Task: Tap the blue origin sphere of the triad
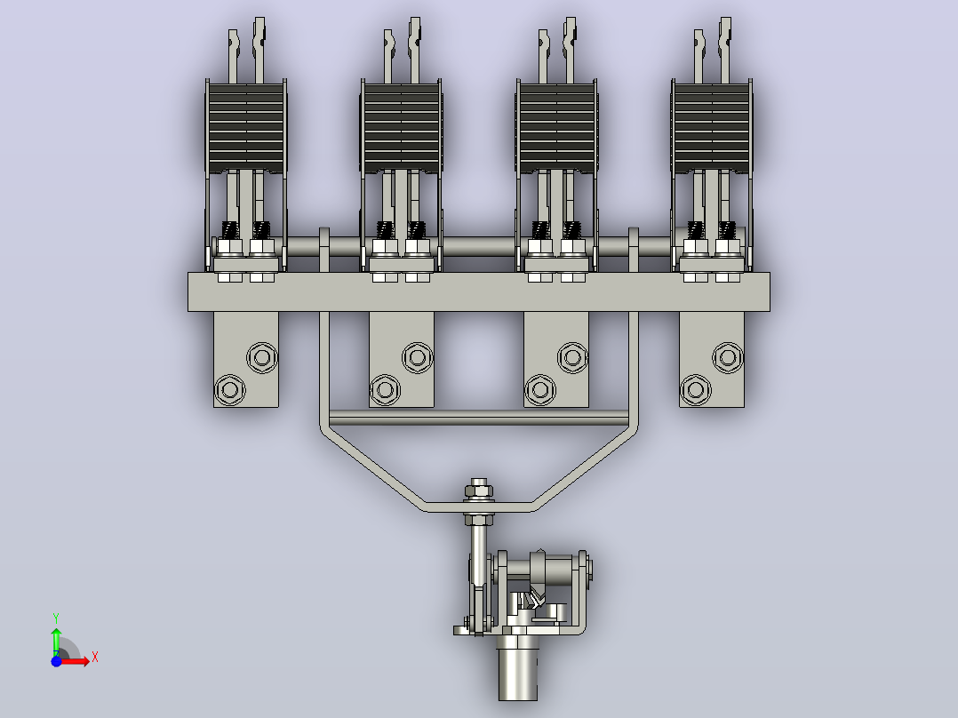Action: tap(56, 661)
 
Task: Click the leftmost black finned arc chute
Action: tap(246, 128)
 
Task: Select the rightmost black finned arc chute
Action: tap(712, 128)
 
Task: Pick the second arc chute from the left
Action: tap(402, 128)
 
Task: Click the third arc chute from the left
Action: tap(556, 128)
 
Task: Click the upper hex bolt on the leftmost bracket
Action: tap(262, 357)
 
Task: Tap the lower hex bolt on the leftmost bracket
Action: tap(229, 390)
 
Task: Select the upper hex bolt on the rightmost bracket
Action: tap(728, 357)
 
